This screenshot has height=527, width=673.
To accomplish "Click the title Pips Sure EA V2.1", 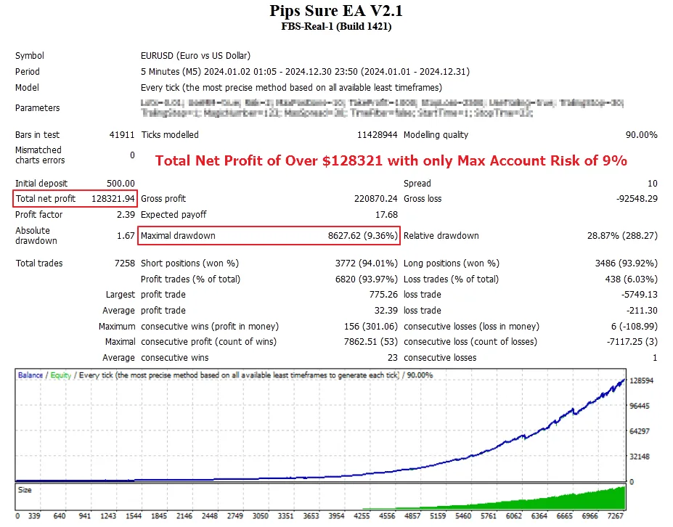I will (x=336, y=11).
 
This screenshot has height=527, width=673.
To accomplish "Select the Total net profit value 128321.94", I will (x=113, y=199).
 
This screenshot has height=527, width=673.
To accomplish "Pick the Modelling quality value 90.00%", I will (x=640, y=135).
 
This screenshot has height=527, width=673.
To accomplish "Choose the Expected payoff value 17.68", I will (x=386, y=215).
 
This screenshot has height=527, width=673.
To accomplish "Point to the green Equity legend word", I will (x=61, y=376).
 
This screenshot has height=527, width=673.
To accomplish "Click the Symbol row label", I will (x=30, y=56).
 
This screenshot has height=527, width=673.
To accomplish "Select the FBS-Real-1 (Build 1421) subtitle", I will (x=336, y=26).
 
